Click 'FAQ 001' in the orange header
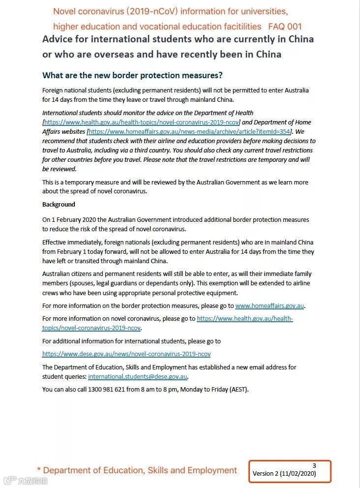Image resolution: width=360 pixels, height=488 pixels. (x=285, y=27)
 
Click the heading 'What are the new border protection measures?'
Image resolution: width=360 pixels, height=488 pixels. (x=132, y=75)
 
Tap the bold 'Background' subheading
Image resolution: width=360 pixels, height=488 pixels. (x=59, y=204)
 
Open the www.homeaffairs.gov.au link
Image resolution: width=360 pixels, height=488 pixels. (x=270, y=306)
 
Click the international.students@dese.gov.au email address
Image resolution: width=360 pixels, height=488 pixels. (x=138, y=377)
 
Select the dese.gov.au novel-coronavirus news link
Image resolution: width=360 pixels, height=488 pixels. (x=126, y=354)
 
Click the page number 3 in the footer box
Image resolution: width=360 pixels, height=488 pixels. (x=314, y=465)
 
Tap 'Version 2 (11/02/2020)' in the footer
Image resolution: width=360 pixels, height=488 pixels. (x=284, y=474)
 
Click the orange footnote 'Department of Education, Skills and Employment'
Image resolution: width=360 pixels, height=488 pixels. (x=140, y=470)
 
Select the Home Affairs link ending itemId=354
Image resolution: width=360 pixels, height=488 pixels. (x=189, y=132)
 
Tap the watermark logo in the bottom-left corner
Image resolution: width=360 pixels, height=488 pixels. (x=9, y=480)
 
